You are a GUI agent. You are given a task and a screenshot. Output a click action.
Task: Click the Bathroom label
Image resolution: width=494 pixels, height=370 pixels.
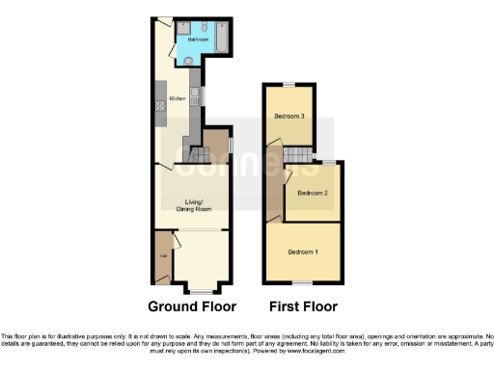click(x=196, y=40)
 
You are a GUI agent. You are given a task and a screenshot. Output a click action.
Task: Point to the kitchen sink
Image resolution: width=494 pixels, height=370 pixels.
click(x=196, y=95)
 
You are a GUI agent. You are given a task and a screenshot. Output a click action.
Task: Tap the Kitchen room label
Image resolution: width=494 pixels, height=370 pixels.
click(x=178, y=99)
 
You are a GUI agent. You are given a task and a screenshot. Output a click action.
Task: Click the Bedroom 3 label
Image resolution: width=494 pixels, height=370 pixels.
click(x=288, y=117)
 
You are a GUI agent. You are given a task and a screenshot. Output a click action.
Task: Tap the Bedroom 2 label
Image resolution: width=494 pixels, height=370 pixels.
click(x=314, y=194)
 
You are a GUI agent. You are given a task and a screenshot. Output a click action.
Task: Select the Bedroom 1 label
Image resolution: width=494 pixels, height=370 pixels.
click(x=303, y=252)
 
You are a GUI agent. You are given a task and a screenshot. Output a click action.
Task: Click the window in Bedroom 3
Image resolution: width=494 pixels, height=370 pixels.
click(x=288, y=86)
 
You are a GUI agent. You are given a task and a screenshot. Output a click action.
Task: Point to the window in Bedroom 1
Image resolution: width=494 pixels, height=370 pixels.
click(x=304, y=281)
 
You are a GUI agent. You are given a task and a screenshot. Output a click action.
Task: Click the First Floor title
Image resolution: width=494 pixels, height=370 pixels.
click(x=304, y=307)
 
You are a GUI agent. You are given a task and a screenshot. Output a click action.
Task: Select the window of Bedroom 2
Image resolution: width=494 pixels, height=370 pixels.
click(x=328, y=161)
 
